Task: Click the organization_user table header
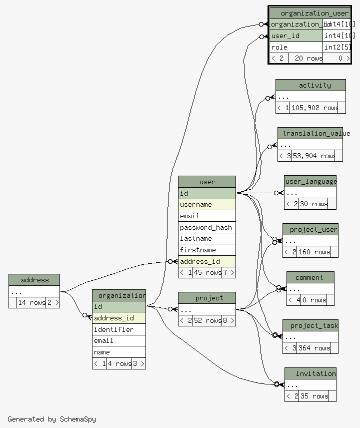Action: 313,13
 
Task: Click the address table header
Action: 34,280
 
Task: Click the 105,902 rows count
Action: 314,108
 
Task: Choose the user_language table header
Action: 310,181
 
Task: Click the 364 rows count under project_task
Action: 314,348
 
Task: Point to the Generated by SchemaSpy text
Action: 52,419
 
